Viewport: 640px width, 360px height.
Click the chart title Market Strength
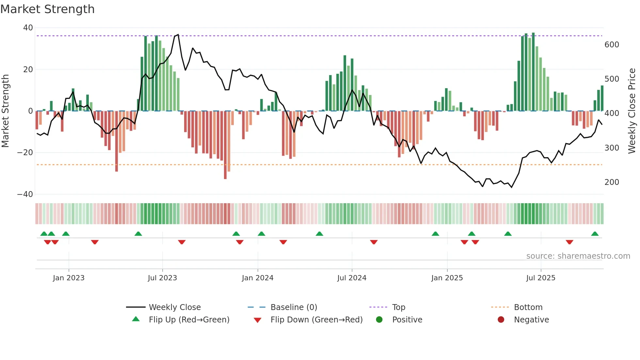click(47, 9)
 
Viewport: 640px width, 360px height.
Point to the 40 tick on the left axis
click(28, 28)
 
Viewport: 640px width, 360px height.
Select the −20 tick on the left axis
click(25, 153)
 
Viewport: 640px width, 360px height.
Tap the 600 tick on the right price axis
click(612, 45)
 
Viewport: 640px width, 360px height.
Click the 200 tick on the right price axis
click(612, 182)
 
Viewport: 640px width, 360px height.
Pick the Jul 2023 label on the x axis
click(162, 278)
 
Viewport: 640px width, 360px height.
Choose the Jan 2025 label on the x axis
click(447, 278)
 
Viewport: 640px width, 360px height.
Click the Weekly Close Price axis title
click(632, 111)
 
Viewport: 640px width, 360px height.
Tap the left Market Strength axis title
click(6, 111)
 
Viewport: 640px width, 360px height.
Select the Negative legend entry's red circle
click(501, 319)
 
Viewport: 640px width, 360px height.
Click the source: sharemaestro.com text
click(578, 256)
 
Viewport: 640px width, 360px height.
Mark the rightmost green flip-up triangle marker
click(595, 234)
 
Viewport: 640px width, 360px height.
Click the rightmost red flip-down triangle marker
click(569, 242)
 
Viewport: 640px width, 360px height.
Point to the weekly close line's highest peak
click(178, 34)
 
